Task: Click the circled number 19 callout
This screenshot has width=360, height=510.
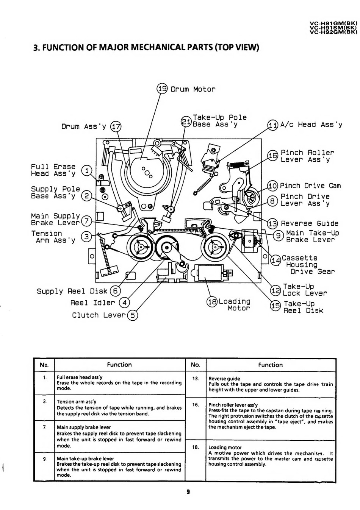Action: tap(162, 88)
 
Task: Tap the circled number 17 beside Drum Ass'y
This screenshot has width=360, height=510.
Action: tap(116, 126)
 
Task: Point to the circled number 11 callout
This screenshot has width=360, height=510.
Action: tap(273, 125)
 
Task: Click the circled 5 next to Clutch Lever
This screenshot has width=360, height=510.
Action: tap(133, 315)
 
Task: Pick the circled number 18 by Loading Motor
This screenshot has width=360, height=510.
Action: tap(212, 302)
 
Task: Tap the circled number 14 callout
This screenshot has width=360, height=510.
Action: tap(276, 260)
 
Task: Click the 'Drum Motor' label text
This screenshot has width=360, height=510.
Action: tap(193, 89)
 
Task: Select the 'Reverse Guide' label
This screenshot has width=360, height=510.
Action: tap(310, 223)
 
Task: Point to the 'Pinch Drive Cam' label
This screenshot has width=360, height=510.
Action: tap(310, 186)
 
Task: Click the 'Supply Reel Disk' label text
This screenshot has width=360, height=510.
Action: tap(72, 291)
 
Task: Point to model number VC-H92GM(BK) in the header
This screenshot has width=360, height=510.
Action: tap(333, 32)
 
